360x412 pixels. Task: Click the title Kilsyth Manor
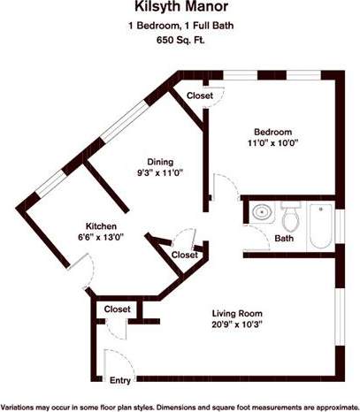180,10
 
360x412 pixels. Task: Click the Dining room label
160,162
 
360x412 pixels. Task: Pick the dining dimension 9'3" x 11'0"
160,174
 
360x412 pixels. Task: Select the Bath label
284,239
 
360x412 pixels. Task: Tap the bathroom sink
261,212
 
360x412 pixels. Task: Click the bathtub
319,226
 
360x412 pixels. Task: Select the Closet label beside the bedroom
200,95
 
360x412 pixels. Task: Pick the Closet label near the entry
118,309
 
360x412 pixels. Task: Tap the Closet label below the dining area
184,255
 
